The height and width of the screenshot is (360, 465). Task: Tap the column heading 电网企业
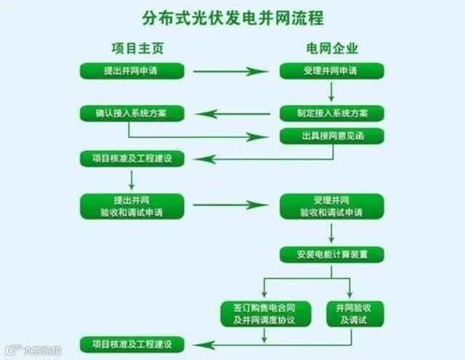point(331,48)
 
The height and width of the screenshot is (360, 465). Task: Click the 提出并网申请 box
point(132,71)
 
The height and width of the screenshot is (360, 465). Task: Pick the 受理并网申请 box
point(331,71)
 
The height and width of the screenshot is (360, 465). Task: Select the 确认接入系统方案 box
point(132,114)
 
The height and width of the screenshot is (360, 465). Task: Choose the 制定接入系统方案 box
point(331,114)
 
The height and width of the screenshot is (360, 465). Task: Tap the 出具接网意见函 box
point(331,136)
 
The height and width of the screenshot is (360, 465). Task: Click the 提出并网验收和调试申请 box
point(132,205)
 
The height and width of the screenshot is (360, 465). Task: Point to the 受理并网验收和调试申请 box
point(331,205)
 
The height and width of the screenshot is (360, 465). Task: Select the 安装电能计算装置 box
point(331,254)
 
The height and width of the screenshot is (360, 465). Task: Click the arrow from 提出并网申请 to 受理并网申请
point(232,71)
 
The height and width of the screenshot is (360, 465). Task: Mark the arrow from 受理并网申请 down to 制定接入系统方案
point(331,91)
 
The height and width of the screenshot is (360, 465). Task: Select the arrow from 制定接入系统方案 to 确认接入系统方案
point(232,114)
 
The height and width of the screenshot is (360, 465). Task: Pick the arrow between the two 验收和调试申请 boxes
point(232,205)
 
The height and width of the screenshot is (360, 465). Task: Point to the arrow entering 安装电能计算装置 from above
point(331,234)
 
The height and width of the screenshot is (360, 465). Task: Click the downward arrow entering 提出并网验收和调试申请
point(132,179)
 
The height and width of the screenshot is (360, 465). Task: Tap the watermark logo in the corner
point(10,350)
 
